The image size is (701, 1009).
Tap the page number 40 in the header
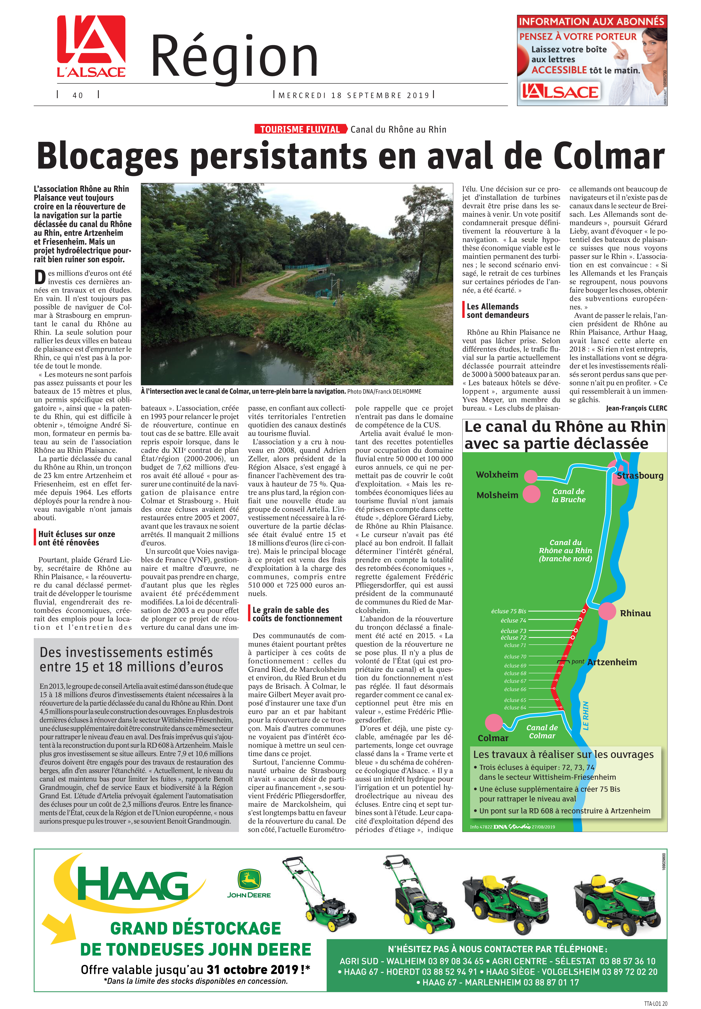[x=78, y=95]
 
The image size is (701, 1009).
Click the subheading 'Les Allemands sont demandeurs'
[x=498, y=311]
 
